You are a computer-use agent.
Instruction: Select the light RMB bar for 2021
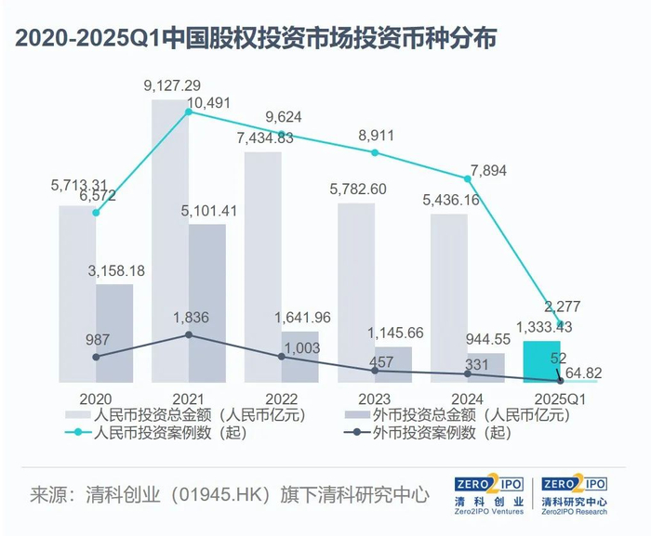(170, 242)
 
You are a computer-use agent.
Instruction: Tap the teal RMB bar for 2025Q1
(541, 361)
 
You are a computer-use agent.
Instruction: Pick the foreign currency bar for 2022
(299, 357)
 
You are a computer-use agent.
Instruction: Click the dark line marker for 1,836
(189, 334)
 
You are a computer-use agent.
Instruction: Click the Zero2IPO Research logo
(574, 496)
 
